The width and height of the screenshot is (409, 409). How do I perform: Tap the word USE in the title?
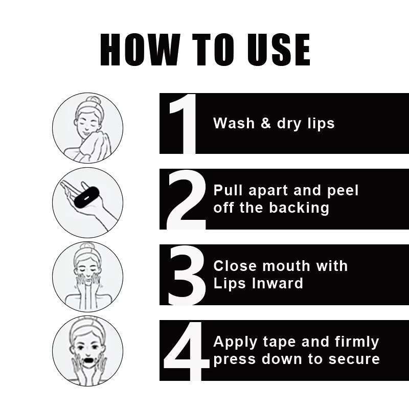(278, 50)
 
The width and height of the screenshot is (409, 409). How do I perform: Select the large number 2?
(186, 199)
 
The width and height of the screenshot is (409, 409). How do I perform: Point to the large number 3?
(187, 275)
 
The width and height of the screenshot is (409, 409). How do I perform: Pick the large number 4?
(187, 351)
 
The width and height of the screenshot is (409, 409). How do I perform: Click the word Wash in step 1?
(234, 123)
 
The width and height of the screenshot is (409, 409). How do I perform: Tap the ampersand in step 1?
(266, 123)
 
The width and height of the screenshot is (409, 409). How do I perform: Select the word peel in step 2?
(343, 191)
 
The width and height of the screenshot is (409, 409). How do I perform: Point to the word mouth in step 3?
(286, 266)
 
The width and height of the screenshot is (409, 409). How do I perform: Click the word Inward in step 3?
(278, 283)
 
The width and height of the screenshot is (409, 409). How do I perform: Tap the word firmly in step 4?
(357, 343)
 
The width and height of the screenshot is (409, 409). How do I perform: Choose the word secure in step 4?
(354, 359)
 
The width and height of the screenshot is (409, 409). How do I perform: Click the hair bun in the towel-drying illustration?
(93, 101)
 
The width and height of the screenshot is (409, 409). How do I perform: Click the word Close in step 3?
(235, 266)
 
